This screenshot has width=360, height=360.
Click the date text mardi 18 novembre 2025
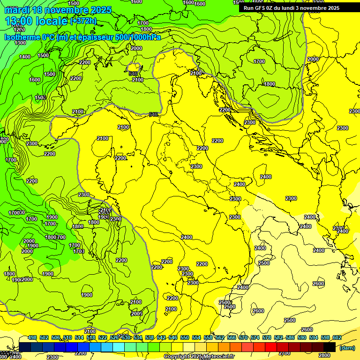click(58, 10)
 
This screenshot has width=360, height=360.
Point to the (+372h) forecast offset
click(84, 21)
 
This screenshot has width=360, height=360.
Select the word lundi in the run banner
click(287, 8)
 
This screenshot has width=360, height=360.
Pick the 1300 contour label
click(20, 43)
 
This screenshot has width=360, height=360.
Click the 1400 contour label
click(25, 57)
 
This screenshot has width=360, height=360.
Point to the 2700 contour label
click(285, 353)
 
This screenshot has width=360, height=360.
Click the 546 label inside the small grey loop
click(133, 74)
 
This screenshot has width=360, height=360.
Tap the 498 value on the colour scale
click(32, 337)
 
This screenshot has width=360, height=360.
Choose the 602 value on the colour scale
click(337, 337)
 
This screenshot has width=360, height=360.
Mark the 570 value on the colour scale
click(243, 337)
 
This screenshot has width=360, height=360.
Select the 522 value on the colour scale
click(103, 337)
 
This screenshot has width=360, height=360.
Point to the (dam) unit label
click(347, 348)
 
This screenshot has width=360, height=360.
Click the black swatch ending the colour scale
click(330, 347)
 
